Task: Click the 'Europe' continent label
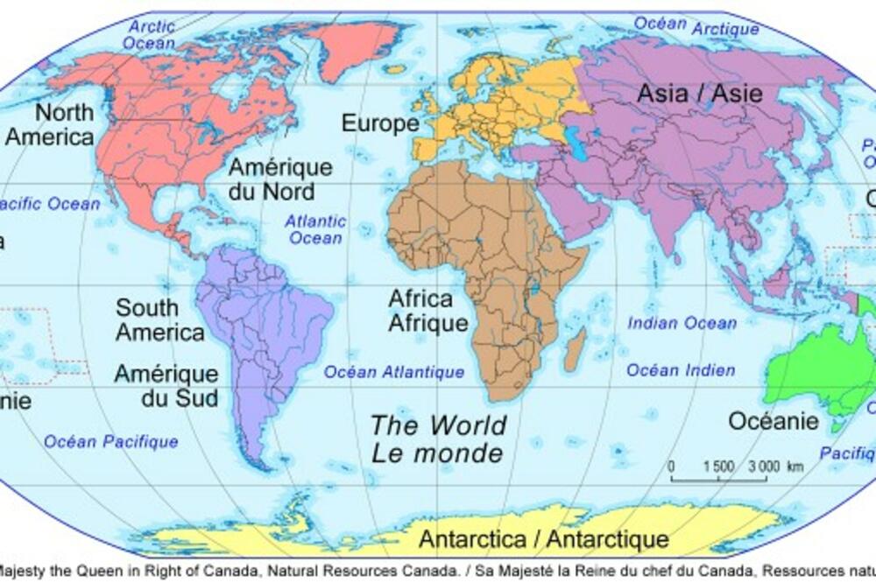(x=380, y=123)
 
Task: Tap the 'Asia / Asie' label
(x=687, y=94)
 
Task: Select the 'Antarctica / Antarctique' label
(x=543, y=538)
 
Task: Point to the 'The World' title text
(x=438, y=425)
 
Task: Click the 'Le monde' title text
(x=437, y=453)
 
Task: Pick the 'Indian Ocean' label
(x=682, y=323)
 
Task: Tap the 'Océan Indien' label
(x=681, y=370)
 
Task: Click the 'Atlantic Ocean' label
(x=315, y=229)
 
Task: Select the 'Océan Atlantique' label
(x=394, y=372)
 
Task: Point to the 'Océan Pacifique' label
(x=111, y=441)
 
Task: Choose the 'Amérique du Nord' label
(x=280, y=179)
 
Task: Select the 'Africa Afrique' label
(x=428, y=312)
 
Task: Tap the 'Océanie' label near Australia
(x=774, y=421)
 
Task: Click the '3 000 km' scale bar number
(x=764, y=467)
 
